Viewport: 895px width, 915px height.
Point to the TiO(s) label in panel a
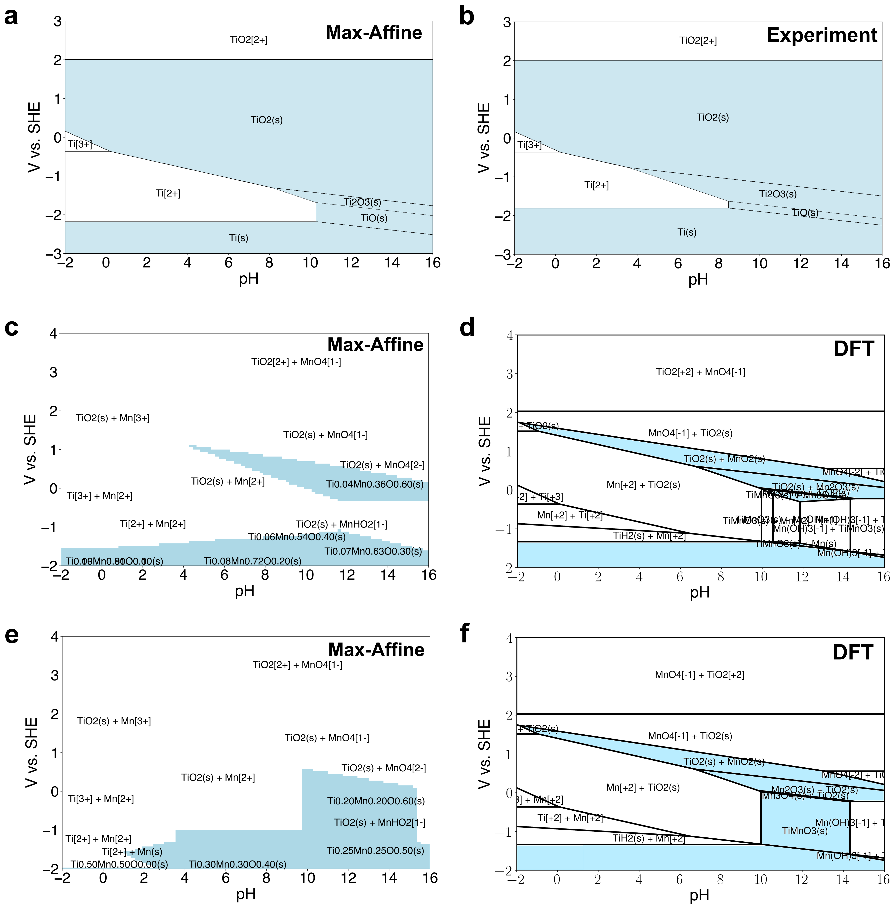374,218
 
